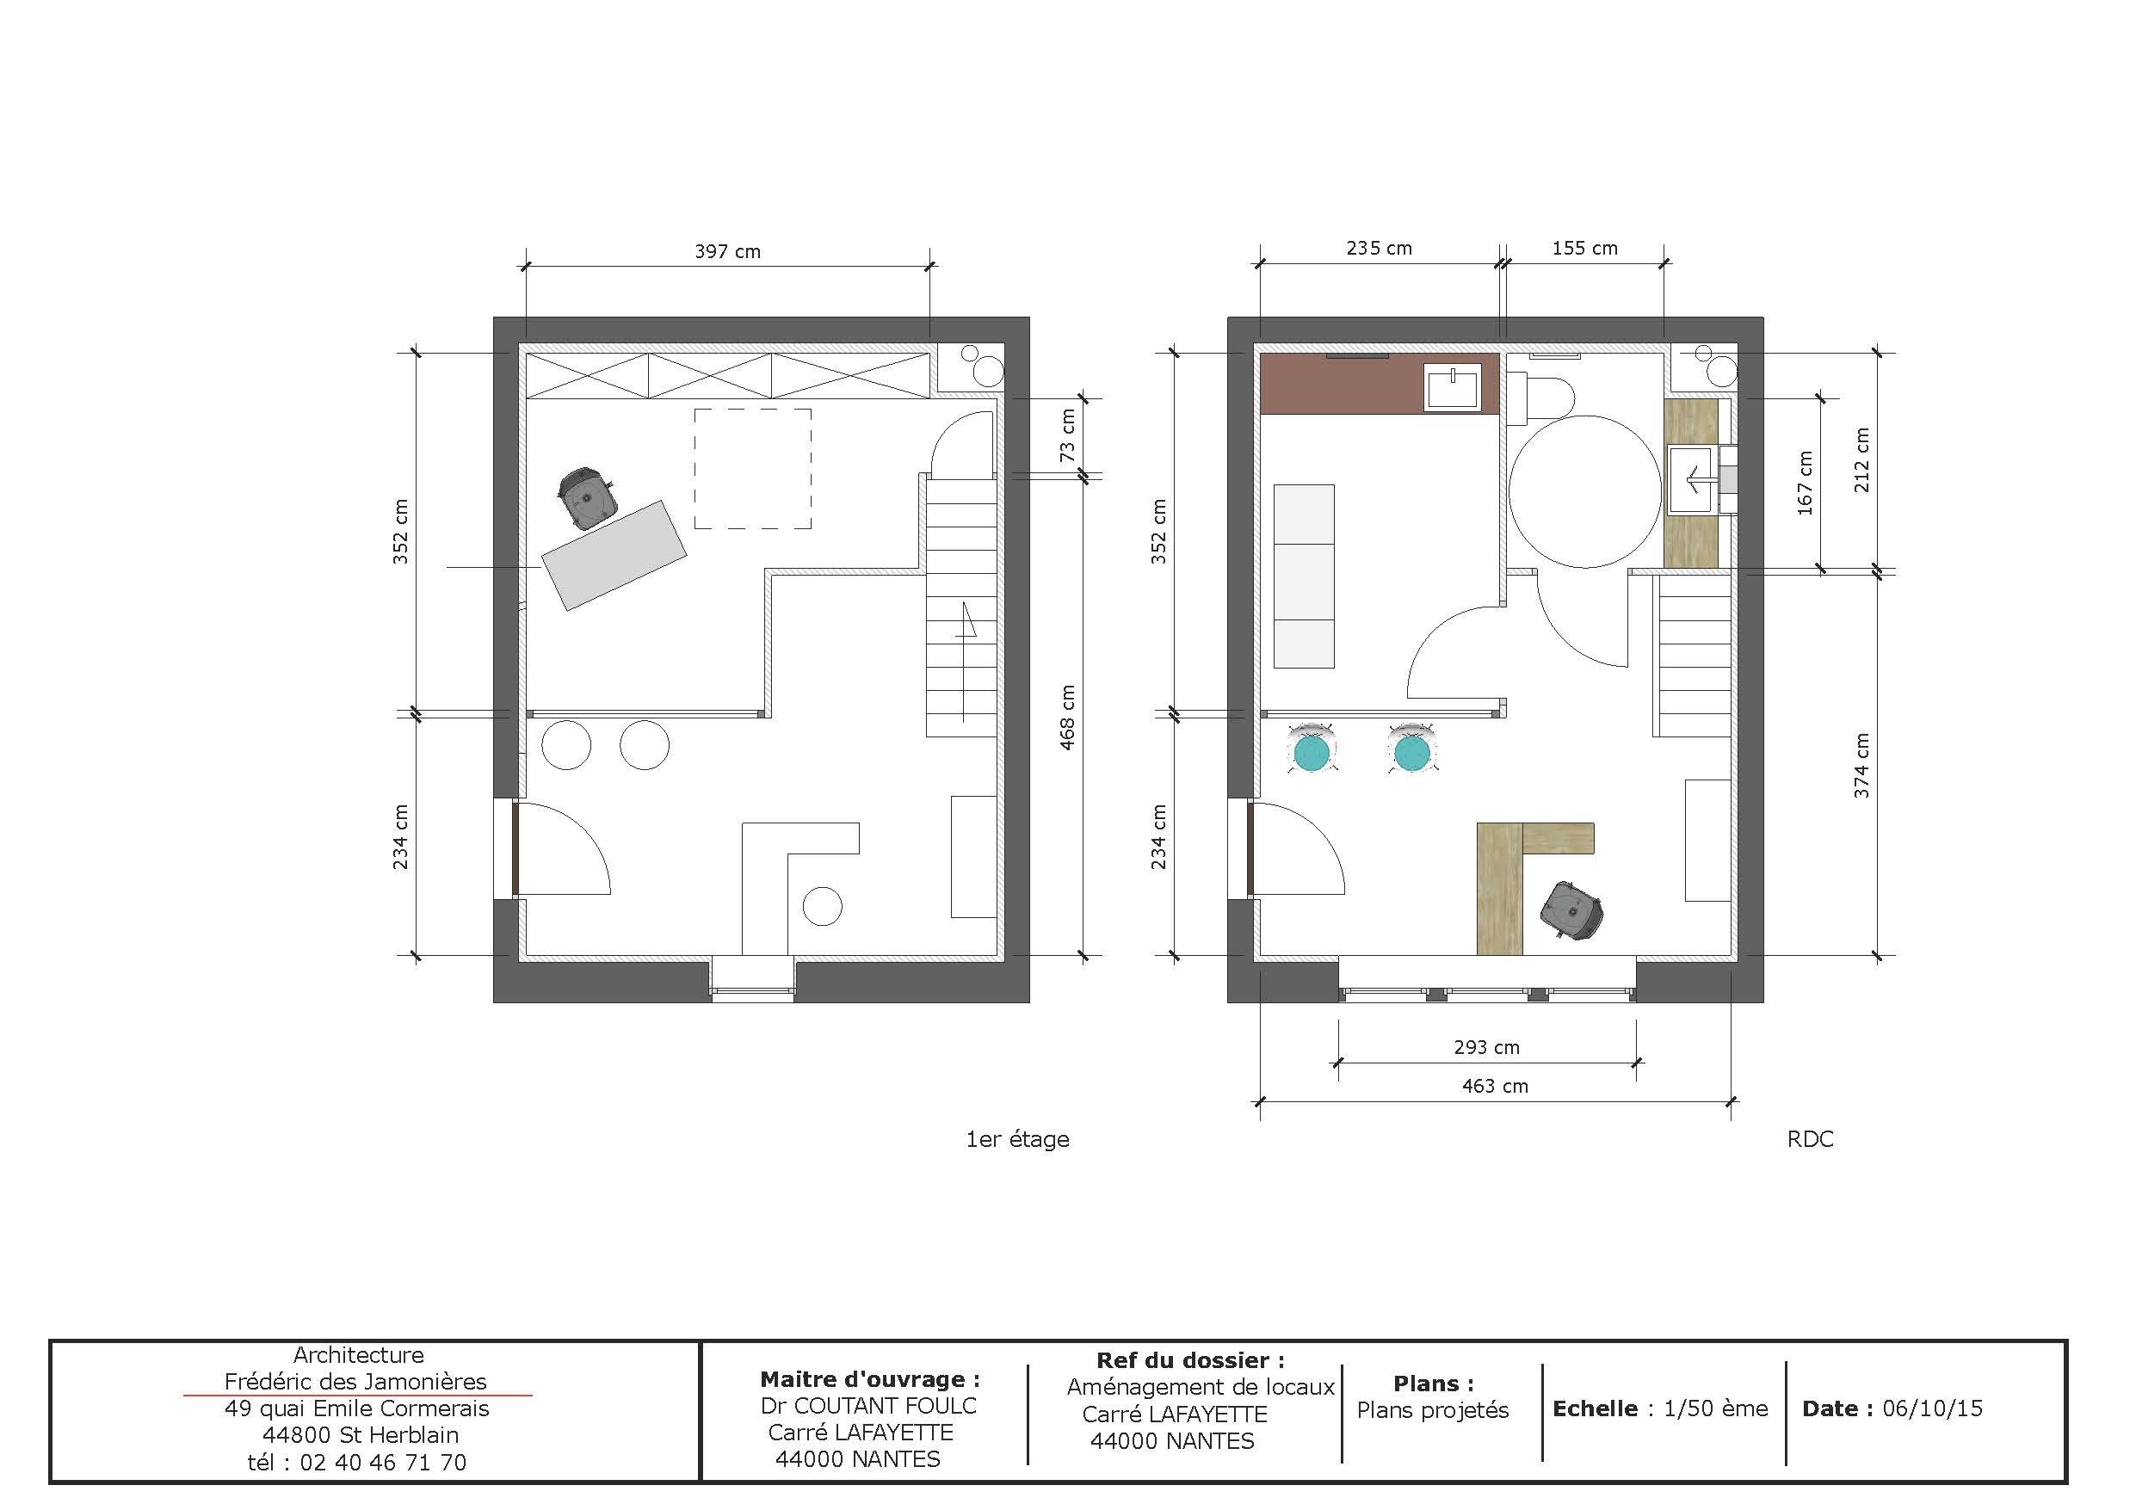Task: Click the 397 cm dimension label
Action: (x=727, y=251)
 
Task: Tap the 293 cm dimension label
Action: (x=1486, y=1048)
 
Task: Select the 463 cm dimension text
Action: (x=1495, y=1087)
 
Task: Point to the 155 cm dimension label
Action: (x=1584, y=249)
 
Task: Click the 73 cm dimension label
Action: (x=1068, y=435)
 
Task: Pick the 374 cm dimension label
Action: (x=1861, y=766)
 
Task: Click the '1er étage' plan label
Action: (x=1018, y=1140)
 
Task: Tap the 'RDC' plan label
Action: (x=1810, y=1140)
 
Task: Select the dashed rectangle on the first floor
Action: (x=753, y=469)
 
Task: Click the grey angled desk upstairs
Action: (x=614, y=556)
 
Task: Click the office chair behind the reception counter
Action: (x=1571, y=910)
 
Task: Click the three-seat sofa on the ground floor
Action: (x=1303, y=576)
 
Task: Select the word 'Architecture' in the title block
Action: (x=358, y=1355)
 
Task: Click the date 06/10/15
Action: (x=1932, y=1408)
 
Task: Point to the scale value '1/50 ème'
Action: (x=1715, y=1408)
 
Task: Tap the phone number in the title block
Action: (x=382, y=1463)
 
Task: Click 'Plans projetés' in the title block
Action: (x=1433, y=1410)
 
